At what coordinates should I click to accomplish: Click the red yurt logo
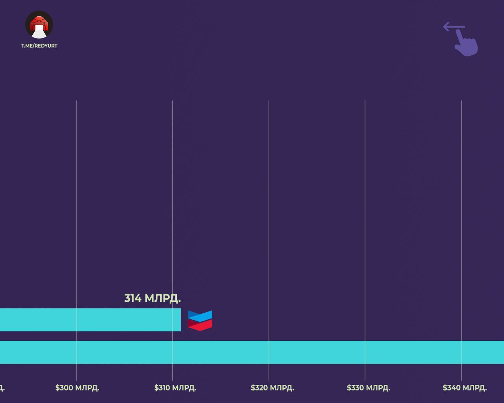pos(39,24)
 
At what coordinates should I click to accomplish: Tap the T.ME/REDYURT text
pos(39,46)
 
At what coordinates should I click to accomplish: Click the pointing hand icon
pos(467,43)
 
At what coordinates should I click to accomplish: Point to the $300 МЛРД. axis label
pos(77,388)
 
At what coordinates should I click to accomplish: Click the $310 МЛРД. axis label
pos(175,388)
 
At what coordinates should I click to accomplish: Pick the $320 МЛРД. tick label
pos(272,388)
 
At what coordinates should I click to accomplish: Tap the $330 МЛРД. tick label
pos(368,388)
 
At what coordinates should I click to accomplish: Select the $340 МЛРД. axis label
pos(465,388)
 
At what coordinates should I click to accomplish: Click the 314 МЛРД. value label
pos(152,298)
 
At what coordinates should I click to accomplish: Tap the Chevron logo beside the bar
pos(200,320)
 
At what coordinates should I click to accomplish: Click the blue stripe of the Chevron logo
pos(200,315)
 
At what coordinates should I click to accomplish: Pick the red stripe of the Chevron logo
pos(200,325)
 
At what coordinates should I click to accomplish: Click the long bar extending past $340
pos(252,352)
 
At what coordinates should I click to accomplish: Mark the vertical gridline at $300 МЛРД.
pos(76,197)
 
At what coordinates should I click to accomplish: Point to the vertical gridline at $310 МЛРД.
pos(172,197)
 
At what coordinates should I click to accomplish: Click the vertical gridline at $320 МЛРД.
pos(269,197)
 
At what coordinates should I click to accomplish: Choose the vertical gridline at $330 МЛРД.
pos(365,197)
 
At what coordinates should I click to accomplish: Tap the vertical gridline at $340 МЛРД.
pos(461,197)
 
